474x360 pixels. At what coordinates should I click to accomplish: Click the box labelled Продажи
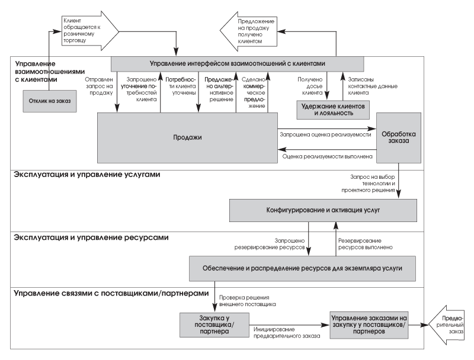click(x=187, y=138)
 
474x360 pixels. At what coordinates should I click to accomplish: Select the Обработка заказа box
click(x=398, y=138)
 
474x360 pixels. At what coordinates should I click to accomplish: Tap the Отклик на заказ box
click(x=50, y=101)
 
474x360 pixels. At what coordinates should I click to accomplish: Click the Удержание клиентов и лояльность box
click(x=333, y=110)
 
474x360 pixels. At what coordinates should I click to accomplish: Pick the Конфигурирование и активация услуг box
click(x=323, y=210)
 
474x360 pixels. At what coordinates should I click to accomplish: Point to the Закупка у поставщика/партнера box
click(x=214, y=324)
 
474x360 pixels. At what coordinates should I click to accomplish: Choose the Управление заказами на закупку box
click(x=369, y=324)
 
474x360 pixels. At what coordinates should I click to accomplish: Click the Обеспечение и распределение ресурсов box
click(x=302, y=268)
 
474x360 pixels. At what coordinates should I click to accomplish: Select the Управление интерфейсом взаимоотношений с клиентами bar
click(x=238, y=64)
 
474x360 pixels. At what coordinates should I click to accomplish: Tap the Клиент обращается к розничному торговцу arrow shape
click(x=90, y=31)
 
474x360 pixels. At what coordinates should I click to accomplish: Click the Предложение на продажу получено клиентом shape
click(x=248, y=31)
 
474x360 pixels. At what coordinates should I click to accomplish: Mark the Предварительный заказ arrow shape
click(x=447, y=324)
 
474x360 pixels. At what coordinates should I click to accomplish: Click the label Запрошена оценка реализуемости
click(x=325, y=134)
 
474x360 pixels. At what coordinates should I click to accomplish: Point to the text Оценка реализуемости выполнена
click(x=328, y=156)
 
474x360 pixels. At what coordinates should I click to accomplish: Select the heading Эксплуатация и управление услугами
click(x=87, y=175)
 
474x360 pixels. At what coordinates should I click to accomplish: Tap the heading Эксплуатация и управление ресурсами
click(x=91, y=237)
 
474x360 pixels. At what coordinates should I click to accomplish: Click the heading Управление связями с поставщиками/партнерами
click(x=111, y=293)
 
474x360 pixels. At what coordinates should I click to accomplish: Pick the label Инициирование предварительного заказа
click(x=287, y=333)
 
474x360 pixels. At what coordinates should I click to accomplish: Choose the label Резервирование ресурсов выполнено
click(x=365, y=244)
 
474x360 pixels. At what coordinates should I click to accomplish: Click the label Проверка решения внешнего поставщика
click(x=247, y=301)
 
